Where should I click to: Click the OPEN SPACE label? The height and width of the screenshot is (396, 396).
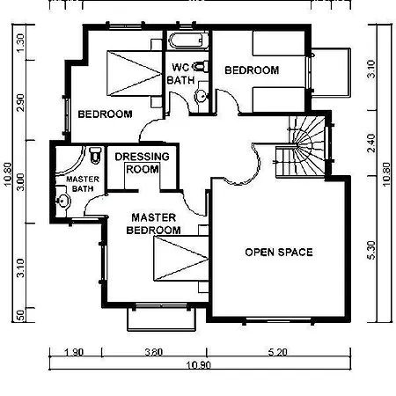click(x=279, y=253)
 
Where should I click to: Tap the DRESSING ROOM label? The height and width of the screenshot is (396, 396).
click(x=143, y=163)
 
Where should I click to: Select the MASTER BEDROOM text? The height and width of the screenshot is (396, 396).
click(x=153, y=224)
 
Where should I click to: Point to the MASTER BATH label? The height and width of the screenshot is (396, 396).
click(x=83, y=184)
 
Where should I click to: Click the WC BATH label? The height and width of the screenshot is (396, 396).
click(x=181, y=74)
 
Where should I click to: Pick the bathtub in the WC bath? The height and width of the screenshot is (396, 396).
click(x=188, y=40)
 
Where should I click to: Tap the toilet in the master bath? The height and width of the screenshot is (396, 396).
click(x=95, y=155)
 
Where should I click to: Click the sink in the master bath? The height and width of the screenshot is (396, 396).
click(x=63, y=201)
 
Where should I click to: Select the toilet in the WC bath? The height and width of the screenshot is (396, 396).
click(x=202, y=67)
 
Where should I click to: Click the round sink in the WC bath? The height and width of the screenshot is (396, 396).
click(x=202, y=96)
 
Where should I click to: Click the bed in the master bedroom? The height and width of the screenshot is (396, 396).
click(x=181, y=258)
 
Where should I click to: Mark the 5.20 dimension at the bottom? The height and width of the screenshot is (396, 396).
click(x=277, y=352)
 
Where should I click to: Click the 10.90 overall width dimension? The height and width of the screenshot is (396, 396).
click(x=199, y=365)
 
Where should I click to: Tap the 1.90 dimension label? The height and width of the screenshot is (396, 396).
click(x=73, y=352)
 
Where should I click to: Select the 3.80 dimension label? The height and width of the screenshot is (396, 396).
click(x=154, y=352)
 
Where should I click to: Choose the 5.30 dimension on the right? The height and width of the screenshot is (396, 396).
click(x=370, y=250)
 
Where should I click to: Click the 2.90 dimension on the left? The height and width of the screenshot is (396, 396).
click(x=20, y=102)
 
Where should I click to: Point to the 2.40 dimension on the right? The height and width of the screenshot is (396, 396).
click(x=370, y=143)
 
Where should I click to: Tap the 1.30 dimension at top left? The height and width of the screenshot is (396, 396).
click(x=20, y=43)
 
